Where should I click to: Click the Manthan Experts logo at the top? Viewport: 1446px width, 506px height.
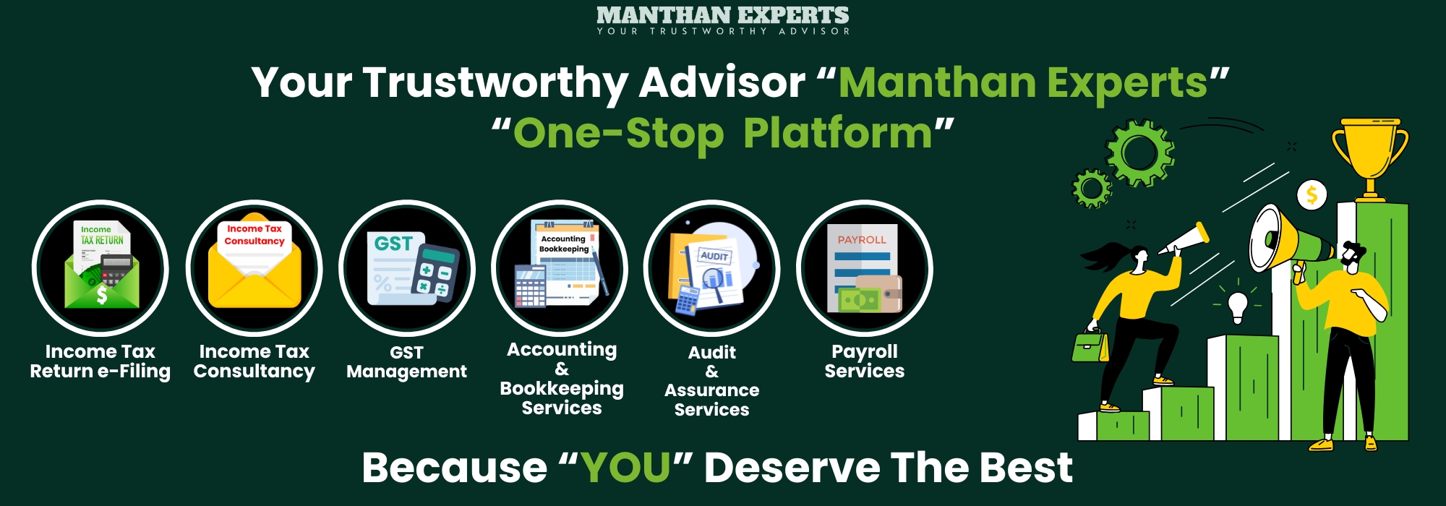(x=723, y=20)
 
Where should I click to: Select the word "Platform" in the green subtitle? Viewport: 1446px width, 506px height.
(x=838, y=134)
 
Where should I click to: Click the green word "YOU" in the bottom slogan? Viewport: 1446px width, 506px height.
(x=626, y=468)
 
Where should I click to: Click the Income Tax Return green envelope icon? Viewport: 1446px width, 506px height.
(x=100, y=268)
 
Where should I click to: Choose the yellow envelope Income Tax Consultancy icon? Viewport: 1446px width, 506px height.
(x=254, y=268)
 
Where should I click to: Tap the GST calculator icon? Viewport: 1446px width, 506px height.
(x=407, y=268)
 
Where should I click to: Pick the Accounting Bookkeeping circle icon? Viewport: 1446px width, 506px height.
(x=560, y=268)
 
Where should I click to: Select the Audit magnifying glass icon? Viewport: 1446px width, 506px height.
(x=712, y=268)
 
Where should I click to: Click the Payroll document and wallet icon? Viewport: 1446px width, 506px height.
(x=865, y=268)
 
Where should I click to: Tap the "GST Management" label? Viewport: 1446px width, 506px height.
(x=407, y=362)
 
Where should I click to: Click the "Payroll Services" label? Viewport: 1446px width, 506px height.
(x=865, y=361)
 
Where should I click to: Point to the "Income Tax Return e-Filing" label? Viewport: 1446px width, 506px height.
(x=100, y=361)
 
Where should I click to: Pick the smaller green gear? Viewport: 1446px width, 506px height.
(x=1091, y=189)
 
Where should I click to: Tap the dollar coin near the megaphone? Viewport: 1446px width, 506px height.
(x=1312, y=195)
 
